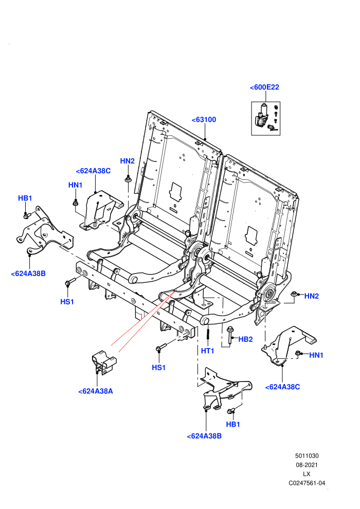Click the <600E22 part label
point(264,87)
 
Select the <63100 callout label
point(204,119)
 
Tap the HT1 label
point(207,351)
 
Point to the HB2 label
point(245,339)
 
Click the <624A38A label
point(96,391)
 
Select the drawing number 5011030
point(307,456)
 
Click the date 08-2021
point(307,465)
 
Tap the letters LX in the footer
point(307,474)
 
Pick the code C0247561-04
point(307,483)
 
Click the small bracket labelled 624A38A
point(103,362)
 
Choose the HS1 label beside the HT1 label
point(159,368)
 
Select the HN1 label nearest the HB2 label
point(316,355)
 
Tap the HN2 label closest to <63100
point(127,161)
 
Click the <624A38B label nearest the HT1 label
point(204,436)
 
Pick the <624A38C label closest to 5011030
point(282,387)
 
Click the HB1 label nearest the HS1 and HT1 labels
point(233,424)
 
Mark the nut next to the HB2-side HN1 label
point(298,353)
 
